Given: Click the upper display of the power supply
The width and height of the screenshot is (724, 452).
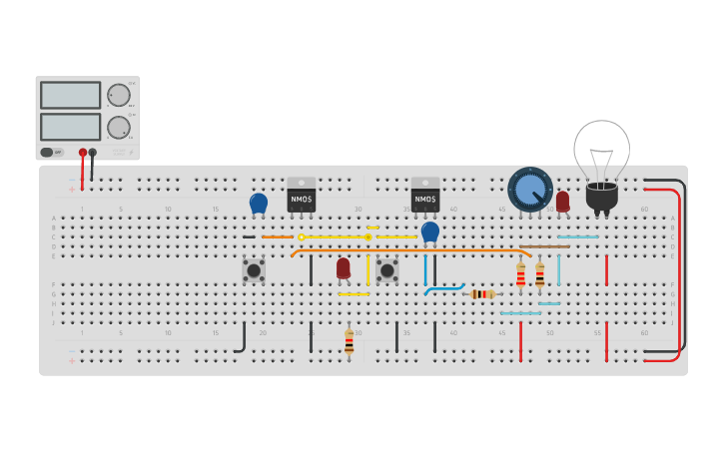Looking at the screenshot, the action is click(70, 95).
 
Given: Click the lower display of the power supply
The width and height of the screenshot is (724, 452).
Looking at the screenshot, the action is click(70, 127).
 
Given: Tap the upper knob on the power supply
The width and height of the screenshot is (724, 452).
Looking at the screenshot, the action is click(118, 95).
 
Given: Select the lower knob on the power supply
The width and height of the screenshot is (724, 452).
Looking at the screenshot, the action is click(118, 127).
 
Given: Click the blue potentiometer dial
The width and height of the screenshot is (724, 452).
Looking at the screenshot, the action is click(530, 189).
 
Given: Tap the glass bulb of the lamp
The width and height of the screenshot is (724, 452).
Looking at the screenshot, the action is click(601, 150).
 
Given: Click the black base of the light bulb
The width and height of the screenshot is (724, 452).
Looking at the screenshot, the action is click(601, 197).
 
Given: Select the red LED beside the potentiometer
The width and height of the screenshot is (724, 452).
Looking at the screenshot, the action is click(562, 201).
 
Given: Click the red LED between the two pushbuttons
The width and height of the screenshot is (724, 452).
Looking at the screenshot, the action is click(344, 267).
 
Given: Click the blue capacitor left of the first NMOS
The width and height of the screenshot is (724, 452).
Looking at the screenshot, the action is click(259, 204).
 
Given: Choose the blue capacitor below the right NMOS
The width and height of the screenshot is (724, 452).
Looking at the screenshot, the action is click(430, 231).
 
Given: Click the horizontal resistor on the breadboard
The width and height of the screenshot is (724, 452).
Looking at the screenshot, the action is click(482, 294).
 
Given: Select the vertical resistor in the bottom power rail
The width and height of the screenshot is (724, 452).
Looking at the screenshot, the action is click(349, 341).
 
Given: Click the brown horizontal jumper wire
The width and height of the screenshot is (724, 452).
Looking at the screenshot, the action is click(544, 246).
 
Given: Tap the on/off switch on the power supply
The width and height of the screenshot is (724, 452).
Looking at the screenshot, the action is click(48, 153).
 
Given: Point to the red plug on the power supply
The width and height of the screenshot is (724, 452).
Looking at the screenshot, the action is click(83, 154).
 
